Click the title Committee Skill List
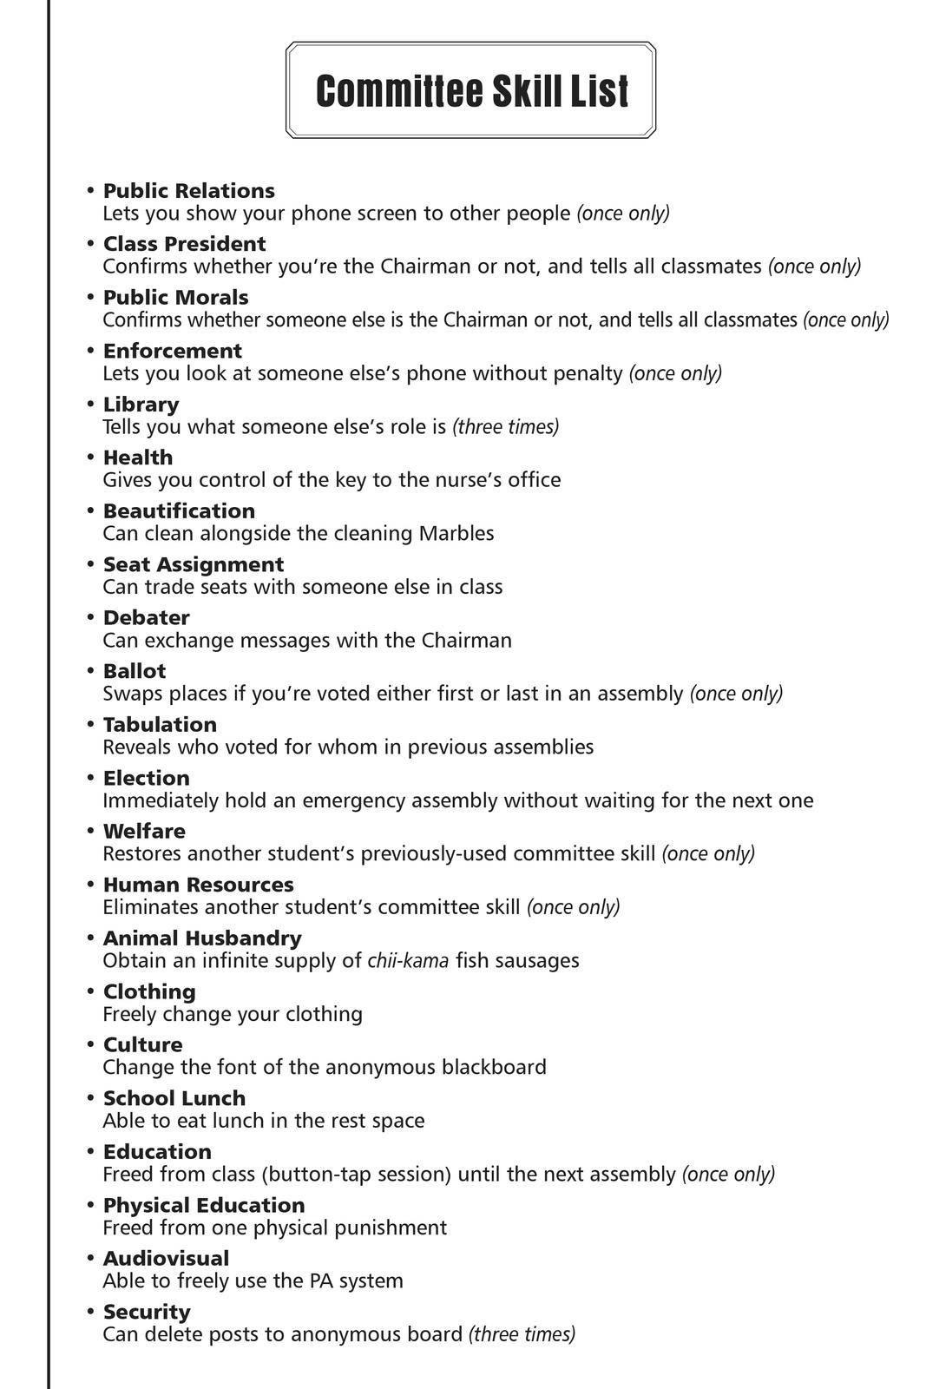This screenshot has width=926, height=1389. pos(471,90)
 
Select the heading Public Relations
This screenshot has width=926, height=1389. pos(188,191)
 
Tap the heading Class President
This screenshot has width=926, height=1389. pos(184,244)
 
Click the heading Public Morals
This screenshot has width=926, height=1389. pos(175,298)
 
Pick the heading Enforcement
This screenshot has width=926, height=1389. pos(172,351)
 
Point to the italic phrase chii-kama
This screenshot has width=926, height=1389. pos(408,960)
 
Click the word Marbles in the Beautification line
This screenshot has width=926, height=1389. pos(456,533)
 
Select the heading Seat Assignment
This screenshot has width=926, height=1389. pos(193,564)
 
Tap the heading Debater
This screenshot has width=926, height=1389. pos(146,618)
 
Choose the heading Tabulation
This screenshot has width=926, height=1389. pos(160,725)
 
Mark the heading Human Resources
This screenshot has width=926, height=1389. pos(198,885)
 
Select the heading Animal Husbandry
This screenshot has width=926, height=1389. pos(202,938)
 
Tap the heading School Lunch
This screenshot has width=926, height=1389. pos(174,1098)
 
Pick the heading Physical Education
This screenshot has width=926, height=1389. pos(204,1205)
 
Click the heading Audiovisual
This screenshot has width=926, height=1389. pos(166,1259)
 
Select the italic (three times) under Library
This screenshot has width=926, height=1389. pos(506,427)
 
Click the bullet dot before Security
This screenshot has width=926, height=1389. pos(90,1311)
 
